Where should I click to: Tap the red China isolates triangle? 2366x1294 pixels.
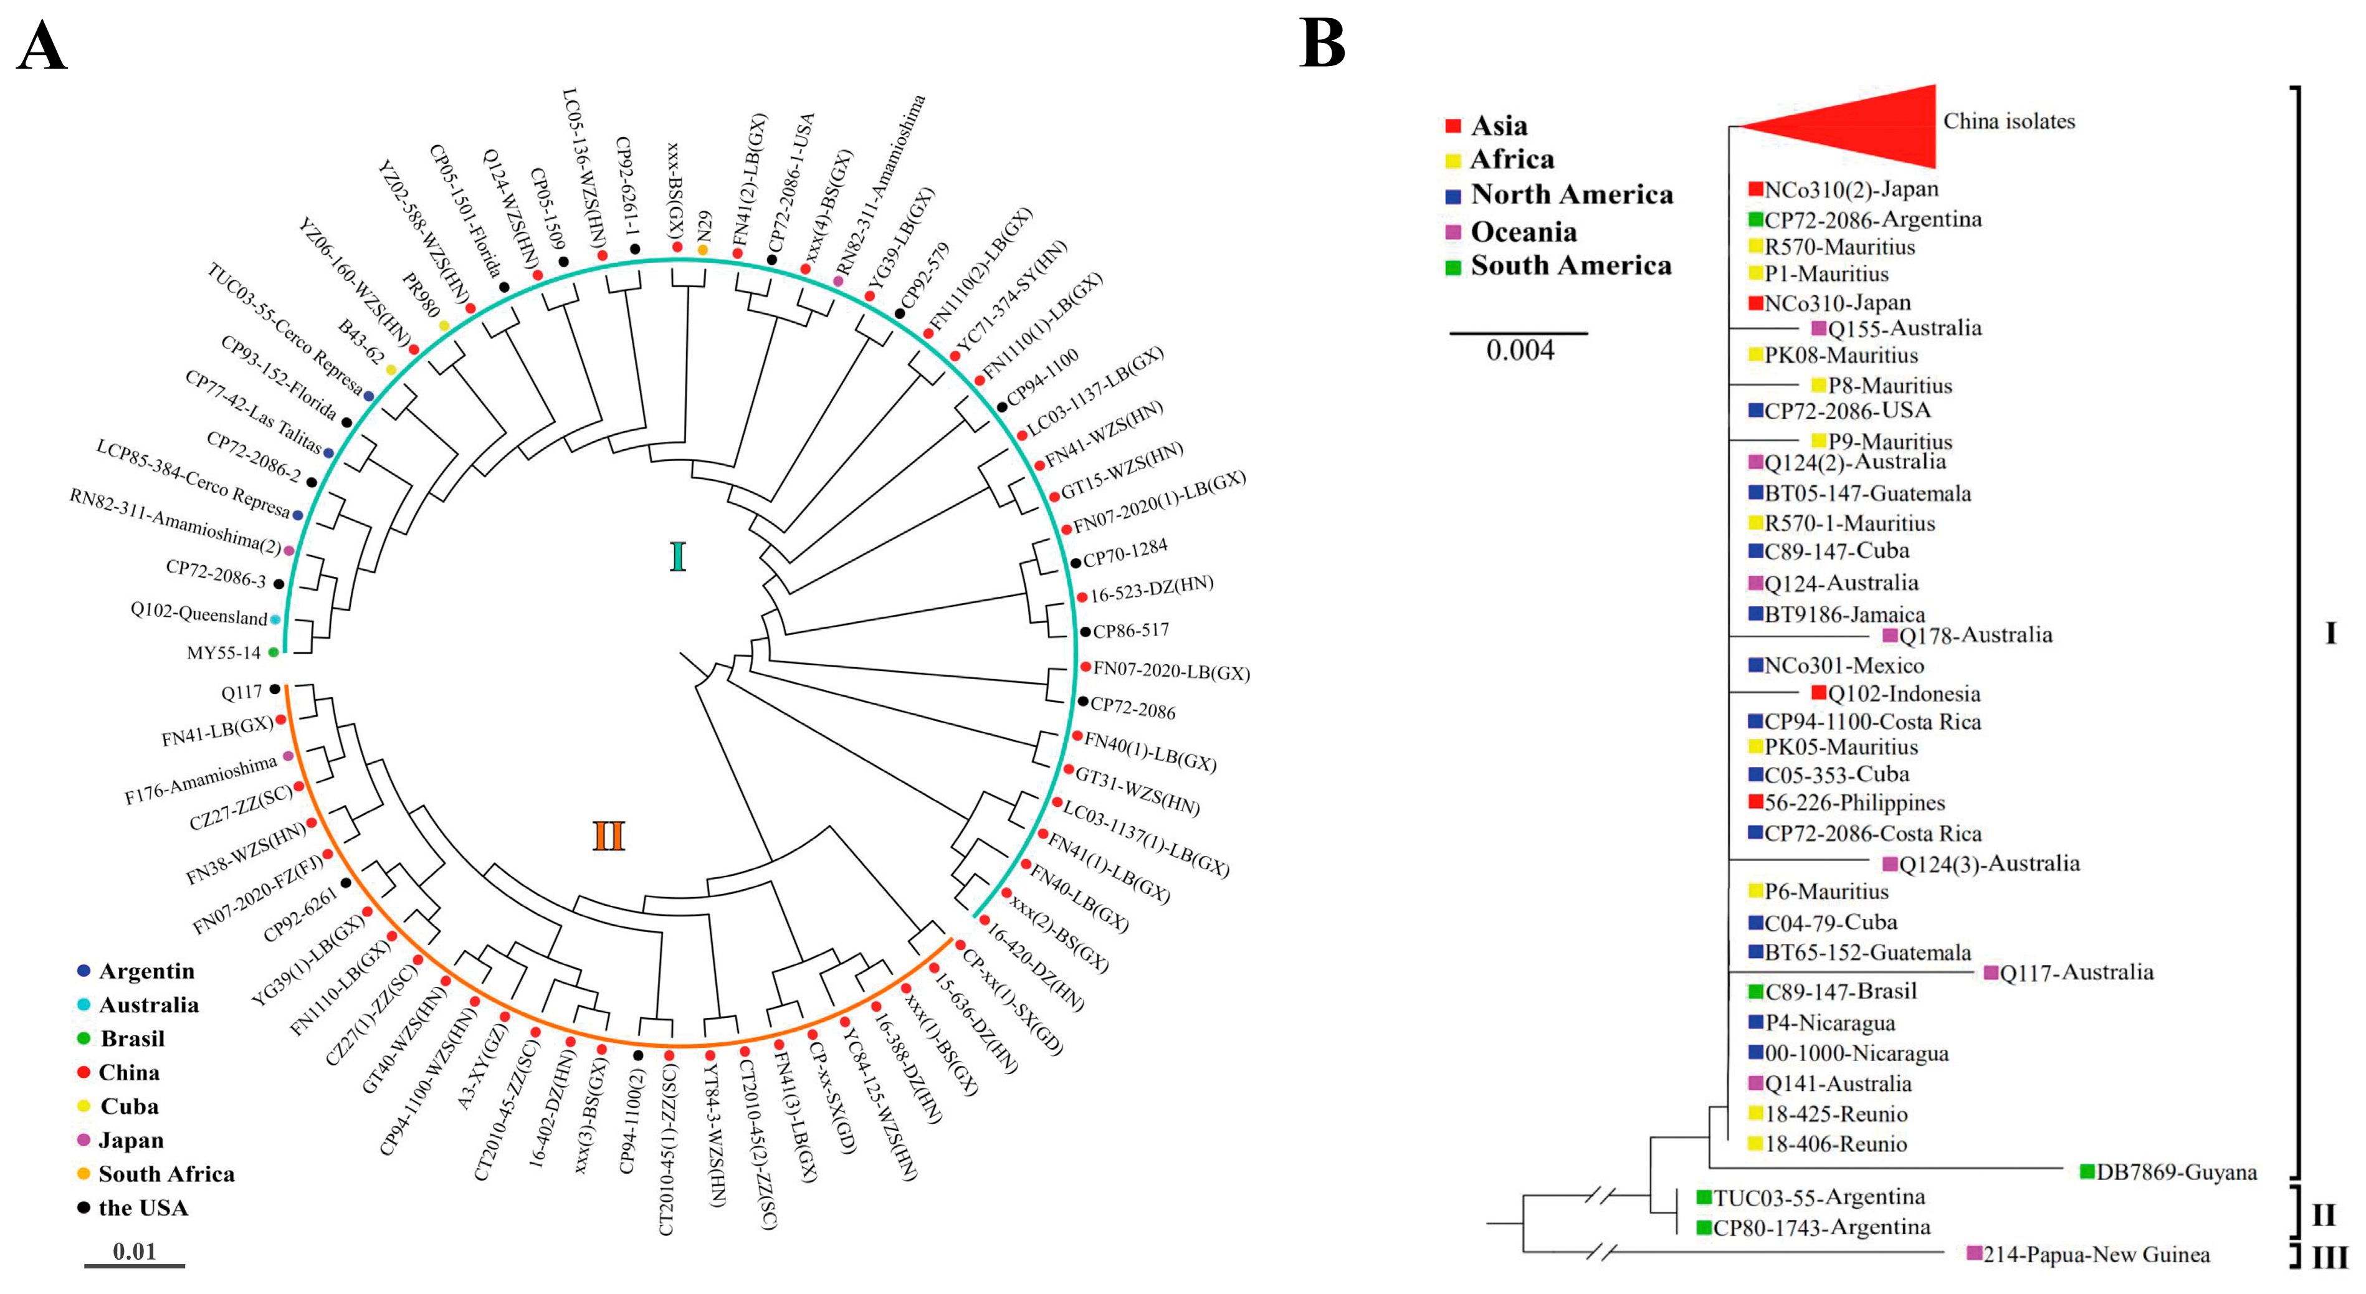(1864, 126)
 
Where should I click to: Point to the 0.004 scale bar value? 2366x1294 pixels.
(1520, 350)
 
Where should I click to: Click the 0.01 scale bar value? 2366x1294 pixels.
(134, 1251)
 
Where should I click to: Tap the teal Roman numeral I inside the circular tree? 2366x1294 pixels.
(678, 556)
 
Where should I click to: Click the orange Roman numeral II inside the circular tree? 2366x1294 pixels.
(608, 837)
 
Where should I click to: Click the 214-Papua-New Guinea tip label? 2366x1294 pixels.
(2096, 1255)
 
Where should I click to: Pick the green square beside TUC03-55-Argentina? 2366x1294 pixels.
(1704, 1197)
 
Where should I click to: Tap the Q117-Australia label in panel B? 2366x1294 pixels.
(2076, 972)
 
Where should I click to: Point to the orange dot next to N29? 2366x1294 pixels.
(703, 250)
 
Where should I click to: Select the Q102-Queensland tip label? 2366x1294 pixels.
(198, 614)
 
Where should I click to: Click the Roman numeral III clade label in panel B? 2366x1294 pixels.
(2329, 1257)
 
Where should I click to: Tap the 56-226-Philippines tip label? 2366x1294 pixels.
(1854, 802)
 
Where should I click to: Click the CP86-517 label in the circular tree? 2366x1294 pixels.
(1130, 630)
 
